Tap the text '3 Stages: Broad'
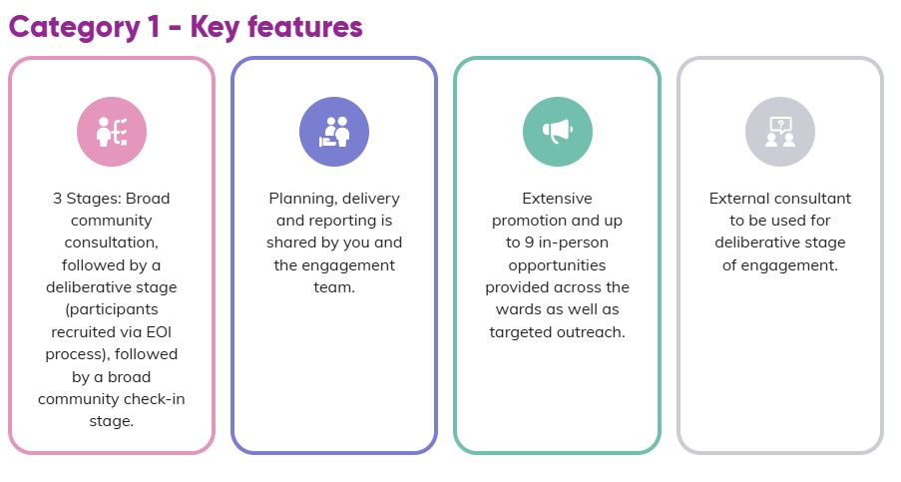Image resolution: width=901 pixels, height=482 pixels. pos(112,199)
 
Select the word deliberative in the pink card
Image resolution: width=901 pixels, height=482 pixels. pos(112,287)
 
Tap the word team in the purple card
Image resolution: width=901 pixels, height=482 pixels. pos(334,287)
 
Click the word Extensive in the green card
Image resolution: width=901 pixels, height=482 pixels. pos(558,199)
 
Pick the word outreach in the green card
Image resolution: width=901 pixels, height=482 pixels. pos(593,331)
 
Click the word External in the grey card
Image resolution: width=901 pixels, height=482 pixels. pos(741,199)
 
